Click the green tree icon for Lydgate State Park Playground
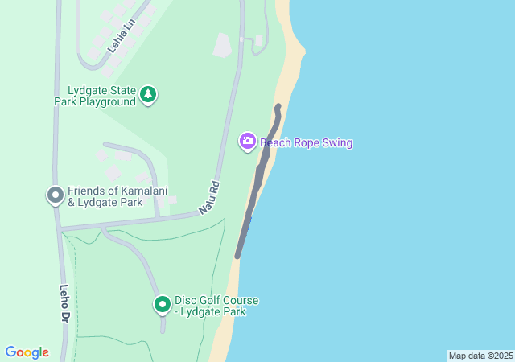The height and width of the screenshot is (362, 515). (148, 95)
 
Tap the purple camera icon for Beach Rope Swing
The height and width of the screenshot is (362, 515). (248, 142)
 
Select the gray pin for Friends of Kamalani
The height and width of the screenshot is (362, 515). (55, 195)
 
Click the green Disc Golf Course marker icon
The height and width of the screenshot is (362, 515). (162, 304)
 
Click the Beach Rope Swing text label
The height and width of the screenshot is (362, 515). (306, 143)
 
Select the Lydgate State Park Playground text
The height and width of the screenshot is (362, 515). (95, 96)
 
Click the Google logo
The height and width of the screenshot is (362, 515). (27, 352)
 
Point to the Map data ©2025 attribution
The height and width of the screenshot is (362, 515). (480, 356)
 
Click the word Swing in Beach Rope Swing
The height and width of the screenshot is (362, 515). (337, 143)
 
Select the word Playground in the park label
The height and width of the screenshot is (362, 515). (108, 102)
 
